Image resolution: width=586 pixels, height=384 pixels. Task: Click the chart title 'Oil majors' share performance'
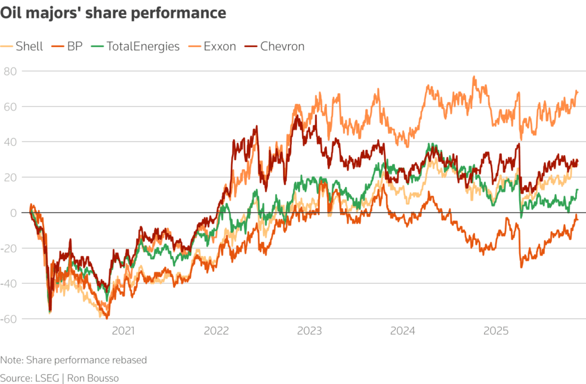[113, 13]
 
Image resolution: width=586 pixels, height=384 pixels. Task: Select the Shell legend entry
[28, 46]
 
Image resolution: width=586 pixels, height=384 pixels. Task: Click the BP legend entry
[74, 46]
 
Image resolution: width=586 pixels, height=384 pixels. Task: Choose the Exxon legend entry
[220, 46]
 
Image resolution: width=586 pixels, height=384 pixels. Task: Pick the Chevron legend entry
[282, 46]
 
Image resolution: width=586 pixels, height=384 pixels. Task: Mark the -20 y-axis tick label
[10, 248]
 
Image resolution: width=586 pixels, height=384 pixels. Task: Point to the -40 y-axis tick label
[10, 283]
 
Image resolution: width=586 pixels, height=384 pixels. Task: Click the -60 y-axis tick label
[10, 319]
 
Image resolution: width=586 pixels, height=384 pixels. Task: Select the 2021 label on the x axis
[123, 331]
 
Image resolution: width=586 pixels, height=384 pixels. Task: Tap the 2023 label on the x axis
[310, 331]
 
